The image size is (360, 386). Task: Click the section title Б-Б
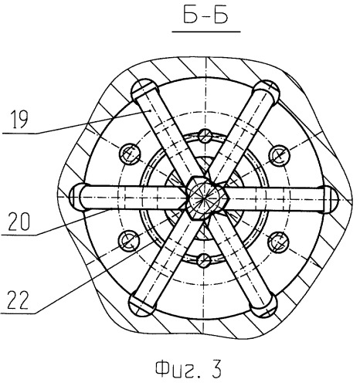pyautogui.click(x=205, y=15)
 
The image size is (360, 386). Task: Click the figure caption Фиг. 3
pyautogui.click(x=188, y=369)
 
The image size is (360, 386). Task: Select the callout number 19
pyautogui.click(x=19, y=119)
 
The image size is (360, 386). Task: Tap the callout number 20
pyautogui.click(x=19, y=221)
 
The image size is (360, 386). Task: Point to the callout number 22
pyautogui.click(x=18, y=300)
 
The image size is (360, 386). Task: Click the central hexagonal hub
pyautogui.click(x=205, y=198)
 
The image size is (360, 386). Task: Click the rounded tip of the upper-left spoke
pyautogui.click(x=141, y=87)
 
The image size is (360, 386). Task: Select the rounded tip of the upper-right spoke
pyautogui.click(x=269, y=88)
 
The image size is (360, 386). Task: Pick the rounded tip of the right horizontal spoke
pyautogui.click(x=331, y=199)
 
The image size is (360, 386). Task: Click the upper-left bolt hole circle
pyautogui.click(x=130, y=154)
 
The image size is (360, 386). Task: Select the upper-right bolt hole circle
pyautogui.click(x=280, y=156)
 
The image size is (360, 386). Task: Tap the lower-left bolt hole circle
pyautogui.click(x=128, y=241)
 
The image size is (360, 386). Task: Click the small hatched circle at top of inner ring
pyautogui.click(x=205, y=136)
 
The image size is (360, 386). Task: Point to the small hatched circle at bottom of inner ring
pyautogui.click(x=204, y=260)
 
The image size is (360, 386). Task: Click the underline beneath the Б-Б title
pyautogui.click(x=206, y=32)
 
